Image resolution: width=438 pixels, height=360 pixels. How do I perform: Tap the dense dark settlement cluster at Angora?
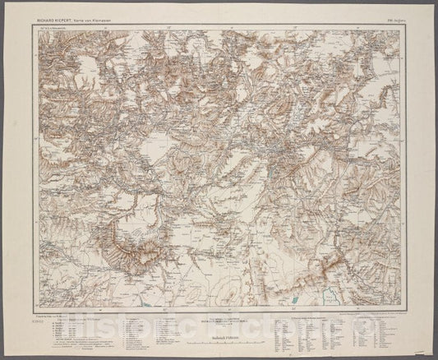pos(271,153)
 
